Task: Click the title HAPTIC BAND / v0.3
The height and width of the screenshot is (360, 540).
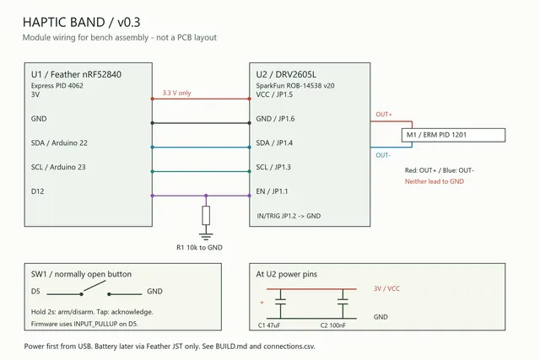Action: tap(81, 23)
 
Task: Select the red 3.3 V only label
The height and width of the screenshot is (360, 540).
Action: tap(176, 93)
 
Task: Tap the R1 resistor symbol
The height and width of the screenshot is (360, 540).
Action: tap(206, 216)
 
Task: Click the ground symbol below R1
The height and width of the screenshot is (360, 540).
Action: tap(206, 236)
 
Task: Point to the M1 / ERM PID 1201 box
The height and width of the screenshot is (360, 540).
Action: tap(454, 135)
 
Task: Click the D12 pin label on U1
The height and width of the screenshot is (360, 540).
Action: tap(37, 191)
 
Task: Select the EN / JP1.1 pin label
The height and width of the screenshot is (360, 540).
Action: tap(272, 191)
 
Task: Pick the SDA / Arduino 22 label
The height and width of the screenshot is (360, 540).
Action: tap(59, 142)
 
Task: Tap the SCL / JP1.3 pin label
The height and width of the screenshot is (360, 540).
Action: tap(273, 167)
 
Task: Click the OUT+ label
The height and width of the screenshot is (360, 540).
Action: tap(384, 115)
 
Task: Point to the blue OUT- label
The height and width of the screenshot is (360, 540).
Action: tap(383, 155)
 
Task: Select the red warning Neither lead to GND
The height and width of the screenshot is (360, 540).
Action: tap(435, 181)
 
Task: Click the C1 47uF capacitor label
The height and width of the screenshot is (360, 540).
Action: tap(269, 325)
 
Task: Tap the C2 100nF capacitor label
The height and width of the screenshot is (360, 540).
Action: tap(333, 325)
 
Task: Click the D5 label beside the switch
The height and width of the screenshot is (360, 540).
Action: tap(35, 292)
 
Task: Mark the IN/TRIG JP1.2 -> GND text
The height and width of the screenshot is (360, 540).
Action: tap(289, 216)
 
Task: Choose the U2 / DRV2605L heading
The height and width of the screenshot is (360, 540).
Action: tap(286, 74)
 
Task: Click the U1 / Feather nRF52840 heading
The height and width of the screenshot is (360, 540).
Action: tap(76, 74)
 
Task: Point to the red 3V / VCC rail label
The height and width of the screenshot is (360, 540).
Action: tap(386, 288)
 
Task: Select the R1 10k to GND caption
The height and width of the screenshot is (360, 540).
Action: tap(199, 248)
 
